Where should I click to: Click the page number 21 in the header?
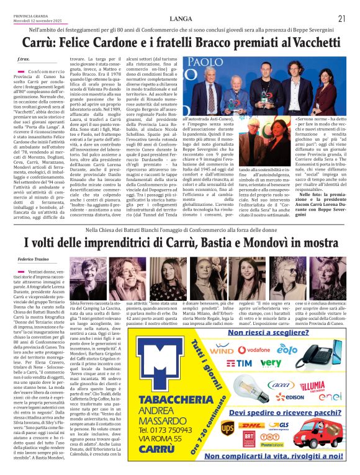coord(341,18)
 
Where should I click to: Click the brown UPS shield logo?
coord(228,428)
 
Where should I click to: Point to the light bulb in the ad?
coord(241,388)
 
